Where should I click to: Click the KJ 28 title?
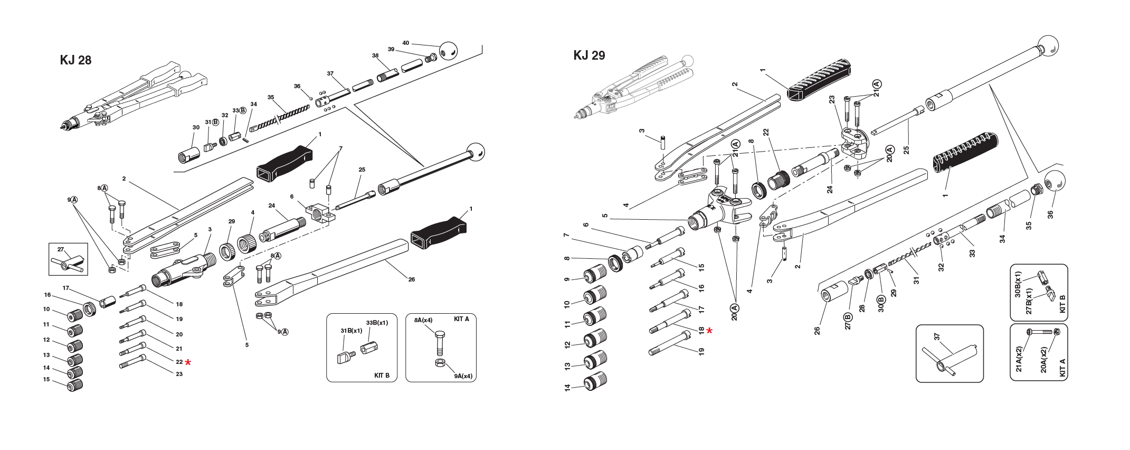click(75, 60)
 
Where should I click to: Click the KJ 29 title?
click(589, 55)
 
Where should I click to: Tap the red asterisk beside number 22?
click(188, 362)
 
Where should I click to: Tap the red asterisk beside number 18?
click(709, 331)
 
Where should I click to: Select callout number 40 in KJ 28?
click(405, 43)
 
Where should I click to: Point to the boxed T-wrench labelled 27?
click(68, 262)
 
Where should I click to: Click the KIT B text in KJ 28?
click(382, 376)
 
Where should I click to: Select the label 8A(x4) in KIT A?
click(423, 320)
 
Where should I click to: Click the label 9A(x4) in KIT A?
click(463, 377)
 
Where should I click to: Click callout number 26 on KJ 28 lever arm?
click(411, 279)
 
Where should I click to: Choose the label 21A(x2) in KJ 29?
click(1019, 359)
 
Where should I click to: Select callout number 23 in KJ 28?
click(179, 374)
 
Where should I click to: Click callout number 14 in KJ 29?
click(567, 387)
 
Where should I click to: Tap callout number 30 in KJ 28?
click(196, 127)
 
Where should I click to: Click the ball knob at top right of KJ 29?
click(1048, 45)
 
